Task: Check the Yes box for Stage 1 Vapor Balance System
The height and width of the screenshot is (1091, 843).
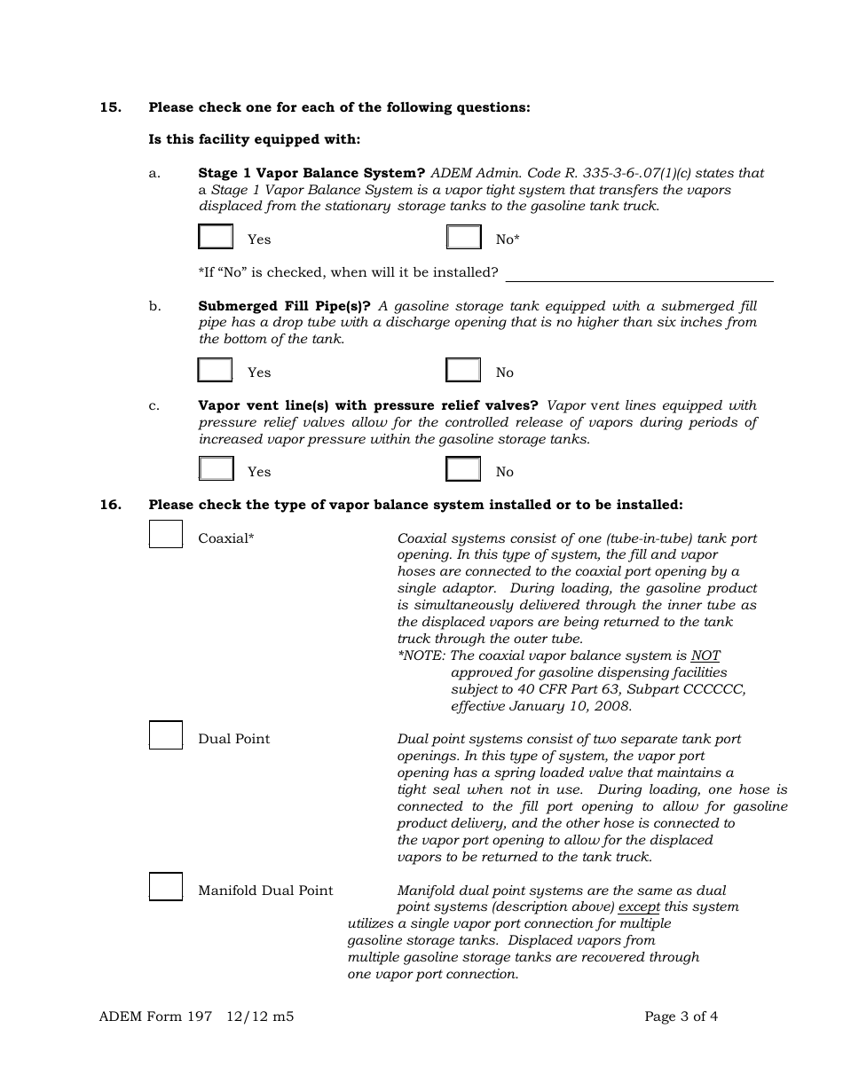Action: [216, 238]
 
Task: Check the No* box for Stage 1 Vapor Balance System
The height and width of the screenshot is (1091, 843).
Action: [463, 238]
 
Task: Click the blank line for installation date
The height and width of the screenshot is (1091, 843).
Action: [639, 273]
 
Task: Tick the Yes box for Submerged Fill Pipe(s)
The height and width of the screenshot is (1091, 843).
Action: [216, 371]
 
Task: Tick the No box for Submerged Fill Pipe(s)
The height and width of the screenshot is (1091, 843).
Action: [463, 371]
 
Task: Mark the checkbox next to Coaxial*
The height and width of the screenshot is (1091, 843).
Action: [166, 534]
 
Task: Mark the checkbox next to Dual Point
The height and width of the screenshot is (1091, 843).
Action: [166, 735]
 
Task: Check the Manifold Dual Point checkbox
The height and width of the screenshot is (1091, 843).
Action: [166, 887]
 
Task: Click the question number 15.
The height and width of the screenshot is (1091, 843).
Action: [110, 107]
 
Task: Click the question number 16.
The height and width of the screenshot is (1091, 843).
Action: [110, 505]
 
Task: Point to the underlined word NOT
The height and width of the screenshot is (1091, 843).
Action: [705, 656]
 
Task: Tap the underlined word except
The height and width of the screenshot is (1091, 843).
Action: [639, 907]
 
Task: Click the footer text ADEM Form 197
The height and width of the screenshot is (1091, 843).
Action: [155, 1016]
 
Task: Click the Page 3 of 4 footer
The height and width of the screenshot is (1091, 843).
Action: [681, 1016]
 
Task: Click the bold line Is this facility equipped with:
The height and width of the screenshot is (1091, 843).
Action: [255, 140]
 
